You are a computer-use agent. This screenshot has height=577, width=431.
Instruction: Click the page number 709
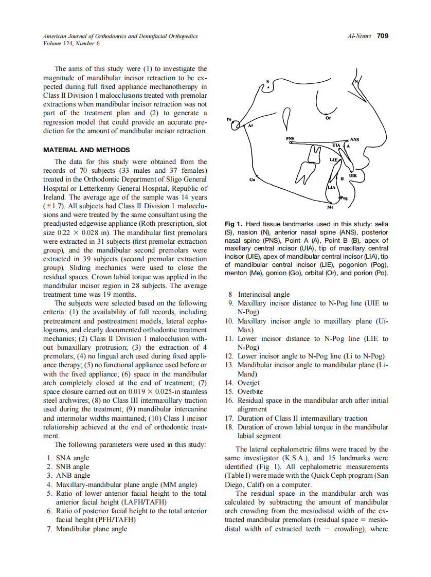382,36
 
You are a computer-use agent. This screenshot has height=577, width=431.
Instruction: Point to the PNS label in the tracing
291,139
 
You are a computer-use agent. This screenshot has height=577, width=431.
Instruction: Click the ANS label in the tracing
354,139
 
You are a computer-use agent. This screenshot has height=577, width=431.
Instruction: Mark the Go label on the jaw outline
252,180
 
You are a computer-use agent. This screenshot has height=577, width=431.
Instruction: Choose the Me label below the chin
330,207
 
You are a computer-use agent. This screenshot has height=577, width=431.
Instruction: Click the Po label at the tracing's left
229,120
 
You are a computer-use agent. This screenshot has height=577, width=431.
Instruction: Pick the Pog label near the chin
344,197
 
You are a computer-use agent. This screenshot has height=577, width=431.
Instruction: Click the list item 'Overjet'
248,383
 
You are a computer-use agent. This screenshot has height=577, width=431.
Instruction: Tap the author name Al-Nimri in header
360,37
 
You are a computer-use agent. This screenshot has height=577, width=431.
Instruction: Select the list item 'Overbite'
250,391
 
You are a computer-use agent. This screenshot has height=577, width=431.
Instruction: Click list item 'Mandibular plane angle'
92,529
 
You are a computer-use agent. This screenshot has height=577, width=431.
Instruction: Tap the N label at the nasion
355,82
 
